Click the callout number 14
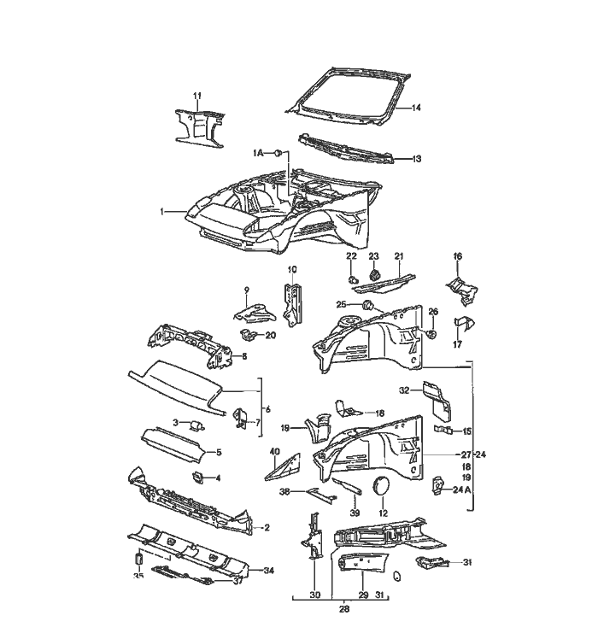(x=417, y=108)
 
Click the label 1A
(x=259, y=152)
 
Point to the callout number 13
(x=417, y=159)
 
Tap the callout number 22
(x=350, y=256)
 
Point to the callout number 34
(x=268, y=570)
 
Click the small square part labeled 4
(x=196, y=477)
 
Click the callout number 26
(x=433, y=312)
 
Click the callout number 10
(x=291, y=270)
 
